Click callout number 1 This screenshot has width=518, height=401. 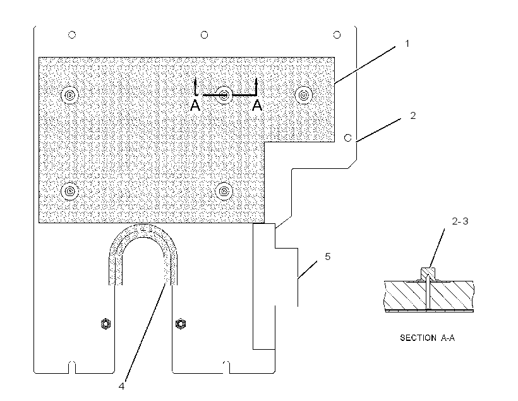coord(407,44)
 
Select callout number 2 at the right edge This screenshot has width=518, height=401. coord(413,116)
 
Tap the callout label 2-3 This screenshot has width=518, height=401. coord(460,221)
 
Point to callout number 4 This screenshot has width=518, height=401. coord(121,386)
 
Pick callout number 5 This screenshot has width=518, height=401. coord(327,256)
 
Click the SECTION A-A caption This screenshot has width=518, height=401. coord(427,338)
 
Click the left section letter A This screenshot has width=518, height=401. coord(195,106)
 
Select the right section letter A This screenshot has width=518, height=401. coord(257,106)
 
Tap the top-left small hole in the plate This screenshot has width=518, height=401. coord(71,35)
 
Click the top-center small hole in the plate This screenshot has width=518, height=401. coord(205,35)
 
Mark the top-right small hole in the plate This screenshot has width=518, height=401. coord(337,35)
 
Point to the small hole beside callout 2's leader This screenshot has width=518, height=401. coord(348,138)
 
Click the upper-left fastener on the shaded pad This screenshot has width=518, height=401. coord(69,96)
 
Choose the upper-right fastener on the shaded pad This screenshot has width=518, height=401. coord(303,96)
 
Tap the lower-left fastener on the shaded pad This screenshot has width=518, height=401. coord(69,191)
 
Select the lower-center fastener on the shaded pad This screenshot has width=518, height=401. coord(224,191)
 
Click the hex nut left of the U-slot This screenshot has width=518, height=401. coord(105,324)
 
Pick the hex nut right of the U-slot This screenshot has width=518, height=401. coord(181,324)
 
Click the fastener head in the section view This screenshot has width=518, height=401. coord(428,274)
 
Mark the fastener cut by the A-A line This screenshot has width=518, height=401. coord(224,96)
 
